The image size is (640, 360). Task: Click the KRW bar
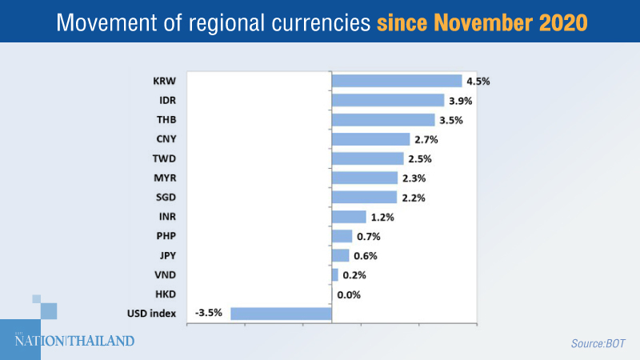coord(396,81)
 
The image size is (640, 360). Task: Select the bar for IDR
coord(387,100)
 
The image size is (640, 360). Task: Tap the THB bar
coord(382,120)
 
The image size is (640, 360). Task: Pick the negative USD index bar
coord(281,314)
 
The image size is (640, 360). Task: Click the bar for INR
coord(348,217)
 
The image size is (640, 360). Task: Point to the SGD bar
coord(364,197)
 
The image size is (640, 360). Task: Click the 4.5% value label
coord(478,81)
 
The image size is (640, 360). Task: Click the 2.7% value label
coord(426,139)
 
